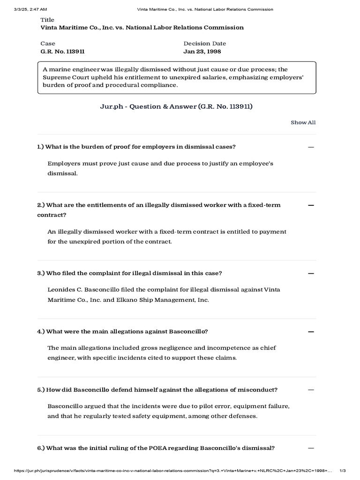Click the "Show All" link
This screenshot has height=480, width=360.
tap(303, 122)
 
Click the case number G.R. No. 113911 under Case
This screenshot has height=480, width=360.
tap(63, 52)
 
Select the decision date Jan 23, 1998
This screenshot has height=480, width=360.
tap(202, 52)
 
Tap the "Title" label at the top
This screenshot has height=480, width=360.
tap(47, 20)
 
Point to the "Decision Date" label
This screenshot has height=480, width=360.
tap(204, 44)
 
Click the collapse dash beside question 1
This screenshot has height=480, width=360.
tap(310, 147)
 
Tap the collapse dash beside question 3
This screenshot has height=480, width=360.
tap(310, 273)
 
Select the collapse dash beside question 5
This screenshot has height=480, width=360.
tap(310, 390)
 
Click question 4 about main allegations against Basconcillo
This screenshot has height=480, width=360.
tap(122, 331)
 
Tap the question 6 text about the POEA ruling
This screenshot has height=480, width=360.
tap(156, 448)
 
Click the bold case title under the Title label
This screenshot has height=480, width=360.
tap(142, 28)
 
